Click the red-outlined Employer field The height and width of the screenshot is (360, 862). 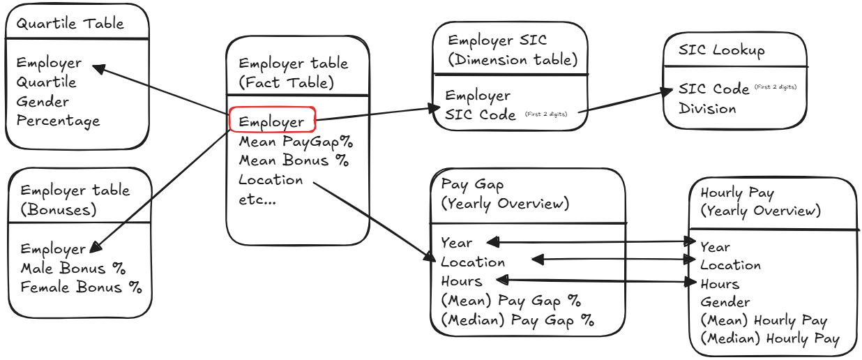pyautogui.click(x=272, y=121)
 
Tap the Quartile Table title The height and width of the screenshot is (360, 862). pyautogui.click(x=70, y=23)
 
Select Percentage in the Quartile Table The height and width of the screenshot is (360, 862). pyautogui.click(x=58, y=121)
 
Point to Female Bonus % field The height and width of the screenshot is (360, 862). pyautogui.click(x=80, y=287)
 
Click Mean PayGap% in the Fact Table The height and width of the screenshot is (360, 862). pyautogui.click(x=296, y=141)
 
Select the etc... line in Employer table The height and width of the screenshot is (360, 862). pyautogui.click(x=257, y=199)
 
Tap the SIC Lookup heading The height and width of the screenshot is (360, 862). pyautogui.click(x=721, y=50)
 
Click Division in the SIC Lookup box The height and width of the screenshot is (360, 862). pyautogui.click(x=707, y=109)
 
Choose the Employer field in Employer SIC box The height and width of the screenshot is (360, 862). pyautogui.click(x=478, y=96)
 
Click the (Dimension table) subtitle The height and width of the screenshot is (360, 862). pyautogui.click(x=513, y=60)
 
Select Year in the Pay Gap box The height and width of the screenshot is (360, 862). pyautogui.click(x=456, y=243)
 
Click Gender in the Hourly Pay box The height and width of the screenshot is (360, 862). pyautogui.click(x=725, y=302)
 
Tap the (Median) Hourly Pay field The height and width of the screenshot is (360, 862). pyautogui.click(x=770, y=339)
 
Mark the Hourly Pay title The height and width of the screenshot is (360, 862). pyautogui.click(x=737, y=193)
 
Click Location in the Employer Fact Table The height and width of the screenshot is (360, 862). pyautogui.click(x=271, y=180)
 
